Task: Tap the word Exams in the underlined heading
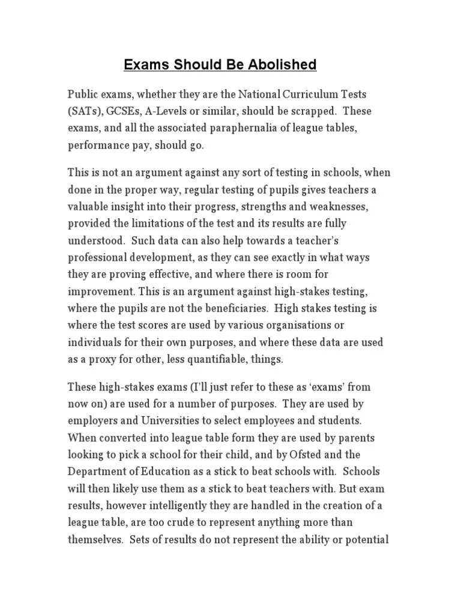[143, 65]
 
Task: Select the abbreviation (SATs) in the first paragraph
[85, 112]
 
